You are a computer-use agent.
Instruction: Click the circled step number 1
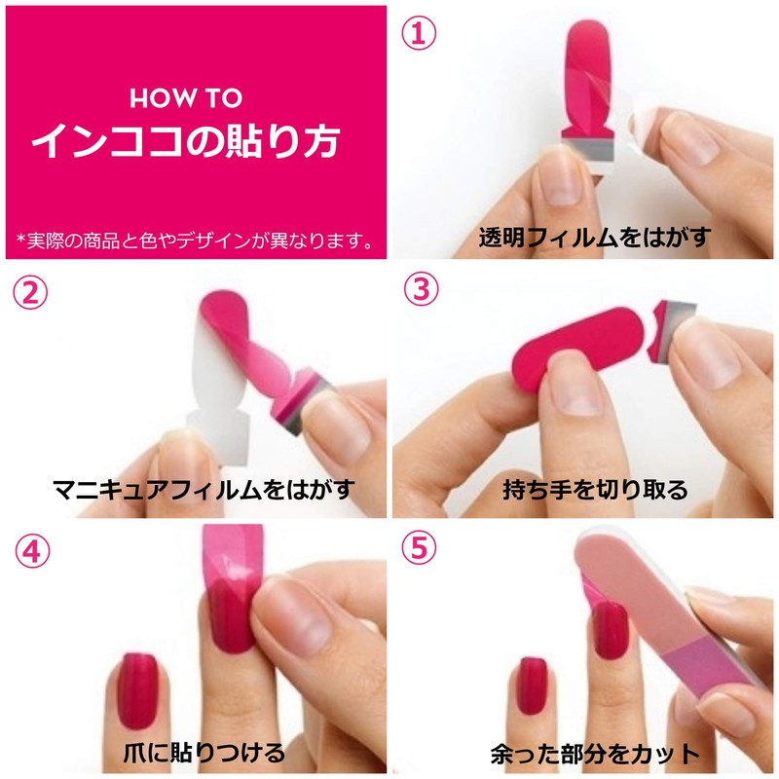tap(418, 35)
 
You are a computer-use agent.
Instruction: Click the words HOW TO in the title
tap(186, 98)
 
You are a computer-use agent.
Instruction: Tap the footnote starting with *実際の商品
tap(195, 239)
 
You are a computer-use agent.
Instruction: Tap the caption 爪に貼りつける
tap(204, 752)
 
